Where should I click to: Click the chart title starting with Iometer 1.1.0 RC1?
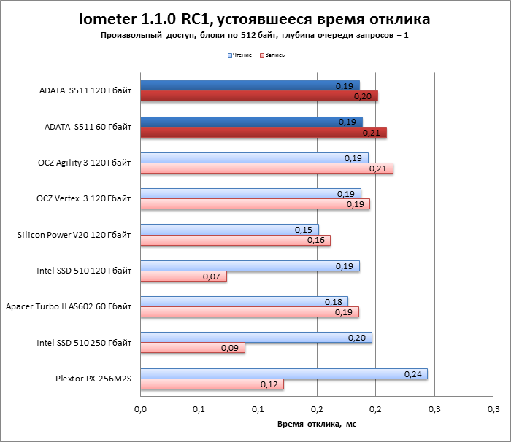pos(255,18)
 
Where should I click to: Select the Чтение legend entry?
pos(242,55)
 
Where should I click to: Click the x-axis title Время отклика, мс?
pos(316,423)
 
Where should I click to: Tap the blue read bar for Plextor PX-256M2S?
pos(284,374)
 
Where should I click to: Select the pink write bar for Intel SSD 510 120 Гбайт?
pos(183,276)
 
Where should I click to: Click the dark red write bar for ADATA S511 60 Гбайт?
pos(263,133)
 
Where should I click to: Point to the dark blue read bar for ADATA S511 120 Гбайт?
pos(250,86)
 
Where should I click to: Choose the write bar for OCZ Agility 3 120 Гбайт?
pos(266,168)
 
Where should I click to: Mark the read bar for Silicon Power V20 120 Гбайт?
pos(229,230)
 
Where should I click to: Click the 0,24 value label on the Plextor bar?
pos(413,374)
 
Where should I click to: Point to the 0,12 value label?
pos(270,384)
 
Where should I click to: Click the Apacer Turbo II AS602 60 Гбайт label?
pos(69,306)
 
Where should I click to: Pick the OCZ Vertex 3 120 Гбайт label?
pos(84,198)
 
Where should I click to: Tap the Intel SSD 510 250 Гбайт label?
pos(84,342)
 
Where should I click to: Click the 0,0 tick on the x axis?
pos(141,407)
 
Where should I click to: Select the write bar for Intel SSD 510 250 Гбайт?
pos(193,348)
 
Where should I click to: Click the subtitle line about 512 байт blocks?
pos(255,35)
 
